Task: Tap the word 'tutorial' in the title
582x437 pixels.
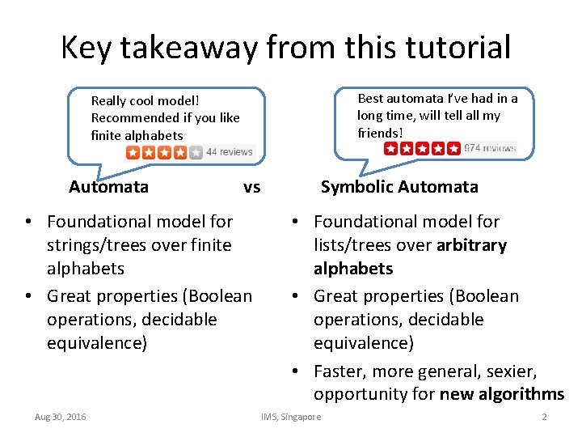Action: coord(447,47)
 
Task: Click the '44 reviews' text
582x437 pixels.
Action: coord(230,151)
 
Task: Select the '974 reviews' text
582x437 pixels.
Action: coord(490,148)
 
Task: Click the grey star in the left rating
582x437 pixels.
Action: coord(195,152)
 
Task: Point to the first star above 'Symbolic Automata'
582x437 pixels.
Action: coord(392,148)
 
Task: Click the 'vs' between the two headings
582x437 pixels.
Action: coord(251,187)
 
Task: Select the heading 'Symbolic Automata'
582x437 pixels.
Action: coord(399,187)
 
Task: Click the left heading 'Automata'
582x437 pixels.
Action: coord(108,187)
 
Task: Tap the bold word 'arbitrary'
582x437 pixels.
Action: coord(471,244)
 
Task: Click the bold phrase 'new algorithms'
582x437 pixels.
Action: coord(501,394)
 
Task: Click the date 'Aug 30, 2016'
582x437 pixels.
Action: coord(61,417)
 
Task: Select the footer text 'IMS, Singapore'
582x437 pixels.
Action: coord(291,417)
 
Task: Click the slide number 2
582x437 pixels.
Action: coord(544,417)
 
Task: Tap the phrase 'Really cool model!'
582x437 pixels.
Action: coord(145,101)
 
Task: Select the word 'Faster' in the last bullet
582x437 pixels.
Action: coord(339,371)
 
